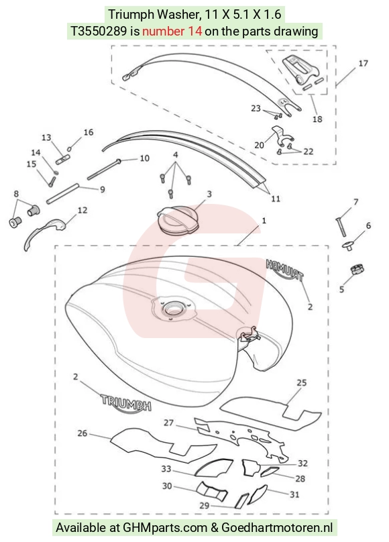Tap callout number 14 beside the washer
[x=36, y=152]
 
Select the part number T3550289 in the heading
[x=99, y=32]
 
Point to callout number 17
[x=363, y=63]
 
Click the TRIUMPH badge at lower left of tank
[x=126, y=402]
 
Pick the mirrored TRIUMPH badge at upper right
[x=285, y=270]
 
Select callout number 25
[x=302, y=382]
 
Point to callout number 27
[x=168, y=423]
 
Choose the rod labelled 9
[x=63, y=194]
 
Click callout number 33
[x=166, y=469]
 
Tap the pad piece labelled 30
[x=211, y=491]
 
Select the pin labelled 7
[x=340, y=227]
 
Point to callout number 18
[x=317, y=119]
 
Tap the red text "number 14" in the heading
[x=172, y=32]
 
